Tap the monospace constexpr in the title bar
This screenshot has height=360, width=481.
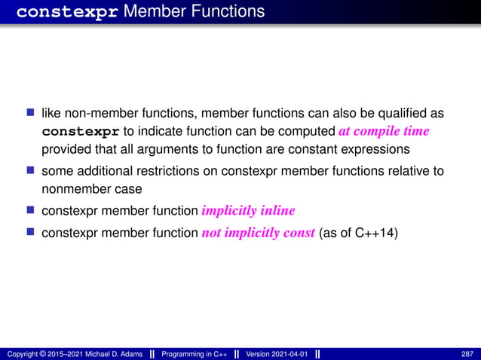(66, 12)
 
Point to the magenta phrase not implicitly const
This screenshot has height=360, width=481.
(259, 233)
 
